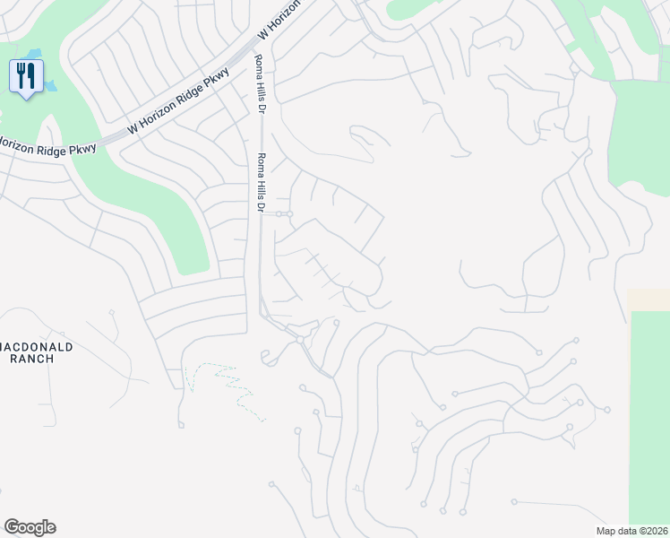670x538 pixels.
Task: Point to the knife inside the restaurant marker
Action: click(30, 74)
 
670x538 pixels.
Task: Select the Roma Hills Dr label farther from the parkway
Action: click(262, 182)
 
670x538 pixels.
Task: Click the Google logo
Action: click(30, 527)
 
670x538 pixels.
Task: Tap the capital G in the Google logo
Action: click(11, 527)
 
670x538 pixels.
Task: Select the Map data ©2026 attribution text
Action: click(631, 531)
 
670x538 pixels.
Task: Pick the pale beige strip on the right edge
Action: click(649, 299)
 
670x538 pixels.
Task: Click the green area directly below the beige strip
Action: click(651, 412)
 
